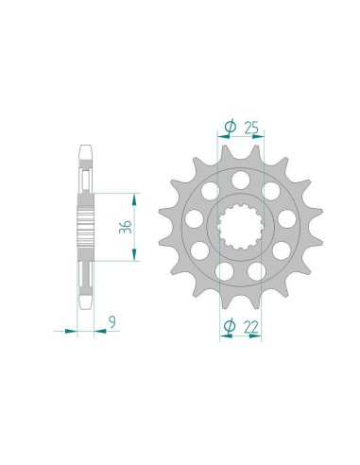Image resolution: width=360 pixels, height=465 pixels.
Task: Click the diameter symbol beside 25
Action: [230, 125]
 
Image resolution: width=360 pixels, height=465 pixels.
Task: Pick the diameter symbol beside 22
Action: [229, 327]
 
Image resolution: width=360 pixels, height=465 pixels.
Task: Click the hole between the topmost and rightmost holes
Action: [268, 188]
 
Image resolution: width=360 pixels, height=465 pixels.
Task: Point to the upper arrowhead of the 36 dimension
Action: [135, 198]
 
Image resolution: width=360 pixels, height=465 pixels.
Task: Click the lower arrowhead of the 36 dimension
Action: [135, 255]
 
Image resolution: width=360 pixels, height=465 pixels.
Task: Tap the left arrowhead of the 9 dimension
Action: [74, 331]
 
